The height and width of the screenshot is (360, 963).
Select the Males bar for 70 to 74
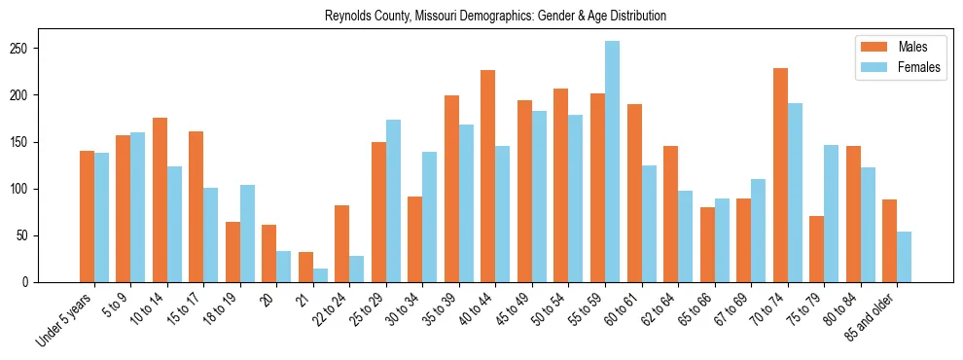(x=780, y=175)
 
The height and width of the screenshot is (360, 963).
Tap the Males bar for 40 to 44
(x=488, y=176)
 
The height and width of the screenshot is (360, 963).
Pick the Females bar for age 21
(x=320, y=275)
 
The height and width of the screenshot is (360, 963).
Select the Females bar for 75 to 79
(x=831, y=214)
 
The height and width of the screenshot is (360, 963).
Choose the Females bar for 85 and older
(x=904, y=257)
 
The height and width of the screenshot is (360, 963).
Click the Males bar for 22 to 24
(x=342, y=243)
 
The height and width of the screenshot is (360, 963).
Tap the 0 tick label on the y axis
(x=31, y=282)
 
